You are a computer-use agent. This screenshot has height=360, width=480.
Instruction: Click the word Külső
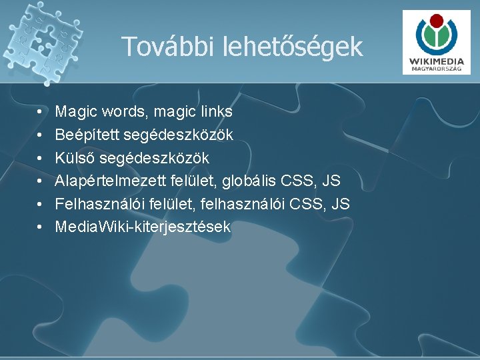pyautogui.click(x=74, y=157)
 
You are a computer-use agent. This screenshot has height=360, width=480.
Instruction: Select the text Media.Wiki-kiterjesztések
pyautogui.click(x=143, y=227)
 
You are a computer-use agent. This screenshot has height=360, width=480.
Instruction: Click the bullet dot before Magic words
pyautogui.click(x=41, y=111)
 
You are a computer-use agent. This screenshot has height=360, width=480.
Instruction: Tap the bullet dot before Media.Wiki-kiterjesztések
pyautogui.click(x=41, y=227)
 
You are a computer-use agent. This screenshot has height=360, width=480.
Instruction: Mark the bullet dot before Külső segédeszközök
pyautogui.click(x=41, y=158)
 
